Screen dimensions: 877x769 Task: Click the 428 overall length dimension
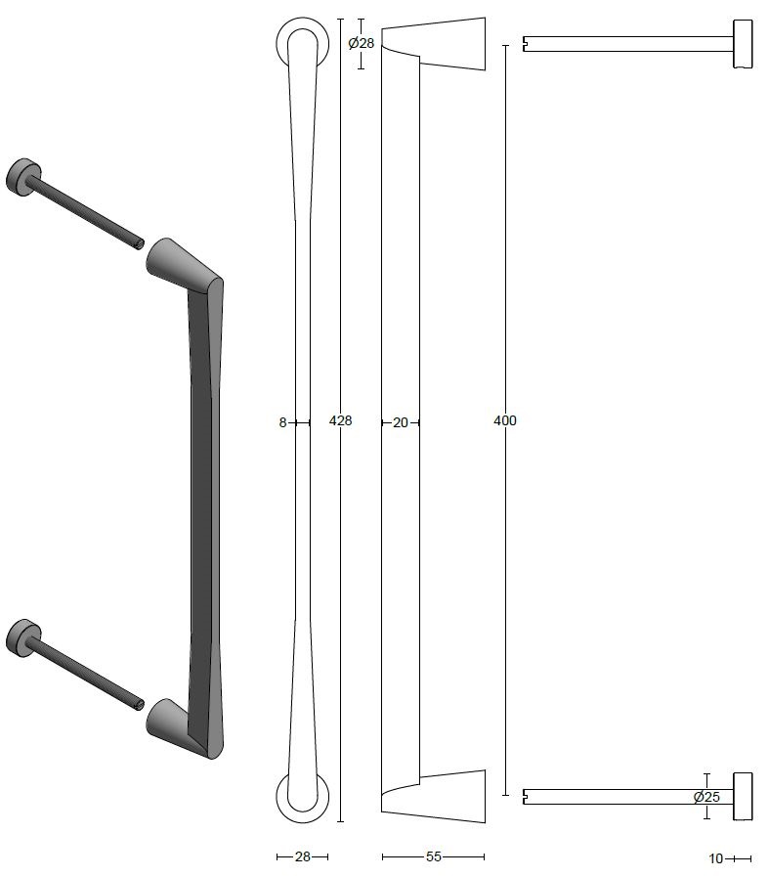tap(340, 420)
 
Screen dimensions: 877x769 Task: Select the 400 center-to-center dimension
tap(505, 420)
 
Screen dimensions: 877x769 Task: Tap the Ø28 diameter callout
tap(362, 43)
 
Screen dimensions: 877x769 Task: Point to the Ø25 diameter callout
tap(706, 797)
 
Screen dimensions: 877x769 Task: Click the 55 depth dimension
tap(434, 857)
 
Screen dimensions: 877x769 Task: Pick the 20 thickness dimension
tap(401, 423)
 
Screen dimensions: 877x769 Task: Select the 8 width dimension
tap(282, 423)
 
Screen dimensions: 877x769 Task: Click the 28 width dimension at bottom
tap(302, 857)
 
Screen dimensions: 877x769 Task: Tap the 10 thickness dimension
tap(716, 859)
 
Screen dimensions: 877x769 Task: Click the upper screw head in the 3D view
tap(21, 176)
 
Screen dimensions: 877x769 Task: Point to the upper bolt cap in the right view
tap(743, 44)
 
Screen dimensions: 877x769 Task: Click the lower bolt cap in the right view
tap(743, 796)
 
